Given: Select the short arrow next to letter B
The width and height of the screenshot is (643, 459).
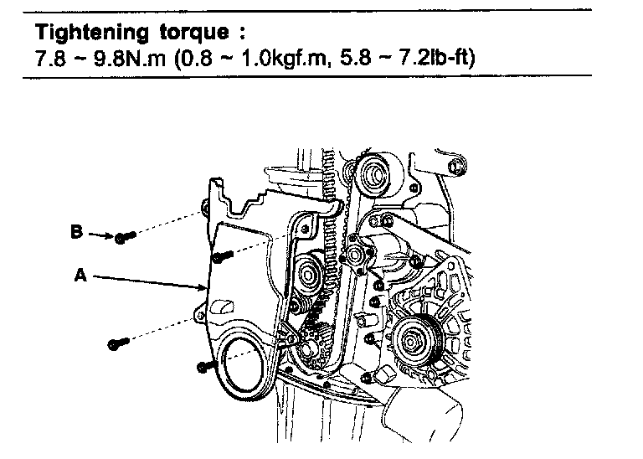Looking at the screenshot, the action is point(100,235).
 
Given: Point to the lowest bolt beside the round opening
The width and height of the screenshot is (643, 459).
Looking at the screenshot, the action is point(202,366).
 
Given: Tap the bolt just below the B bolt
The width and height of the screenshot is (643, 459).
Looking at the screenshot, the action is point(220,255).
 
